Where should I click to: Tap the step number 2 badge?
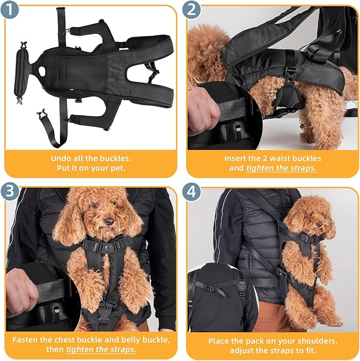tap(191, 11)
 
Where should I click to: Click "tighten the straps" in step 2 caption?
tap(281, 168)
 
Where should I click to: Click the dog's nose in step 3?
tap(108, 222)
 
